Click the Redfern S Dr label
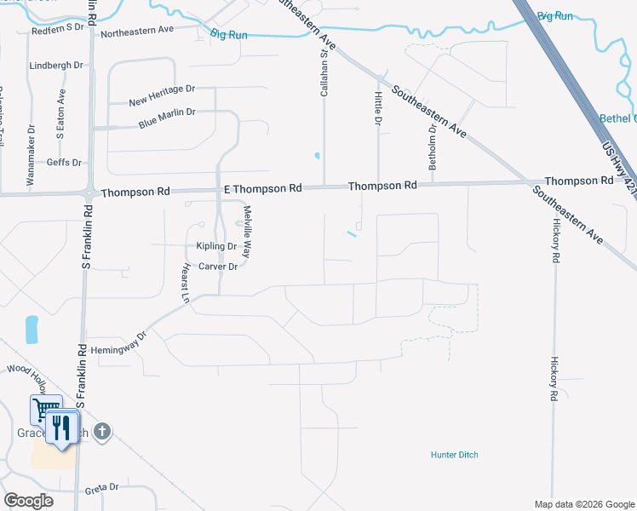[59, 27]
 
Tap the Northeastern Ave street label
[137, 30]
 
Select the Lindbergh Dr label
[56, 65]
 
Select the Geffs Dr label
[64, 162]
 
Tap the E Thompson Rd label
[262, 187]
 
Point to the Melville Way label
[248, 232]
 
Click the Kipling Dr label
[216, 246]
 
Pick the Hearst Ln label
[183, 283]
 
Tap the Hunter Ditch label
[454, 455]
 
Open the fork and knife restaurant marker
[60, 426]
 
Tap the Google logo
[29, 500]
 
